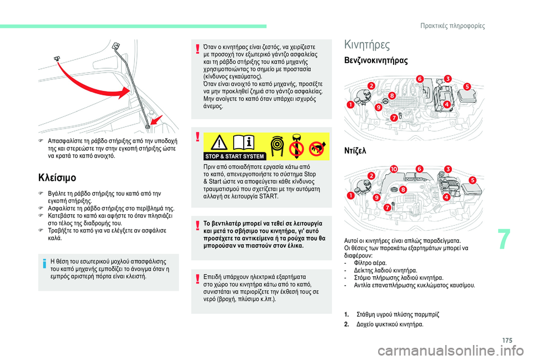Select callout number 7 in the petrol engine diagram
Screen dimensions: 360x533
(394, 118)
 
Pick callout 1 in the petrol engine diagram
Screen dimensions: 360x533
(350, 104)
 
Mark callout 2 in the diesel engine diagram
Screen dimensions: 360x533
(371, 175)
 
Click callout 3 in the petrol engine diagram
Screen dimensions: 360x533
(447, 79)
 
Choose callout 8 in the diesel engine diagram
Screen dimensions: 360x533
(403, 190)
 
